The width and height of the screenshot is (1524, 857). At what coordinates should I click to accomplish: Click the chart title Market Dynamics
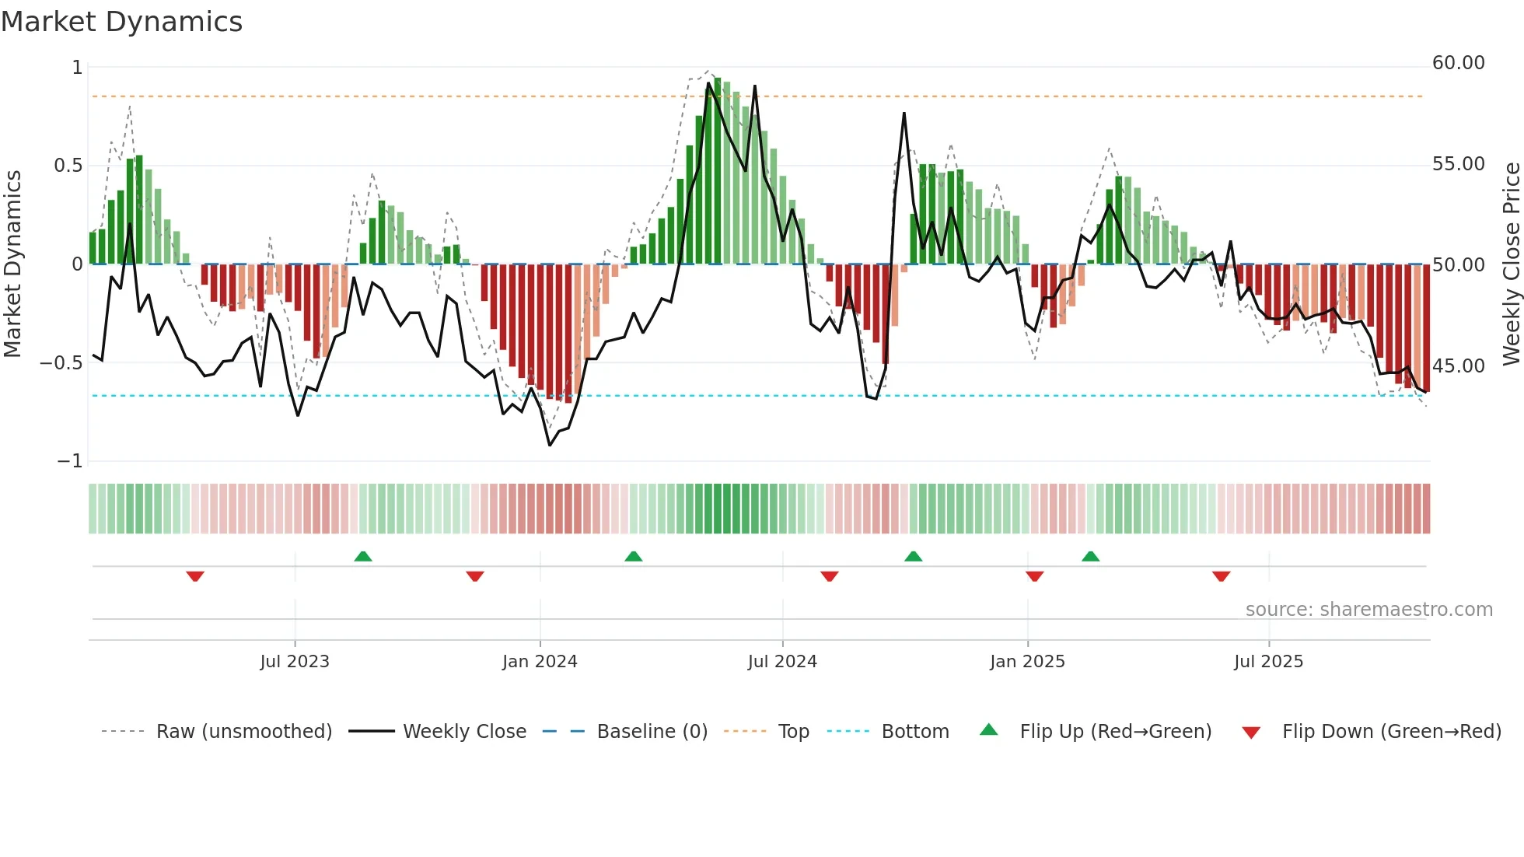(x=121, y=22)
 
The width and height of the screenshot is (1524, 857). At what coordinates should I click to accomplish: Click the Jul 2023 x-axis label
(x=295, y=662)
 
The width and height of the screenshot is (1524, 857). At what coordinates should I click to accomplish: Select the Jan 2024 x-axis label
(x=540, y=662)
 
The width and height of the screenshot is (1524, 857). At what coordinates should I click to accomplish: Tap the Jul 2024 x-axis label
(x=782, y=662)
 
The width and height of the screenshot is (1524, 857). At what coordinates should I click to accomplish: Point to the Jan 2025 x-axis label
(x=1027, y=662)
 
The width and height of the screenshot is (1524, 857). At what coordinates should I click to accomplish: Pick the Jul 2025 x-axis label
(x=1268, y=662)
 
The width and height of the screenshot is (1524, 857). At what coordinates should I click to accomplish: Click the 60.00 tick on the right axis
(x=1458, y=63)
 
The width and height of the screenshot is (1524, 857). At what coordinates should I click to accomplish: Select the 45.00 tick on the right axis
(x=1458, y=366)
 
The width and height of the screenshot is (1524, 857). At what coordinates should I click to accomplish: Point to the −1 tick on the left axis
(x=69, y=461)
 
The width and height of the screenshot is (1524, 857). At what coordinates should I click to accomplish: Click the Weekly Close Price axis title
(x=1511, y=264)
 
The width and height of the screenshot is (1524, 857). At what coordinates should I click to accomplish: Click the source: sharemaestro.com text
(x=1368, y=610)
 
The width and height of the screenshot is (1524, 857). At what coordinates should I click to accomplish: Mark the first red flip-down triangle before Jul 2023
(x=195, y=576)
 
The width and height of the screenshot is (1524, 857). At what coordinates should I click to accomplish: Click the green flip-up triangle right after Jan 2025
(x=1090, y=556)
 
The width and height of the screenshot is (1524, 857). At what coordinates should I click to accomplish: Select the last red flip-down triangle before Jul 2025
(x=1221, y=576)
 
